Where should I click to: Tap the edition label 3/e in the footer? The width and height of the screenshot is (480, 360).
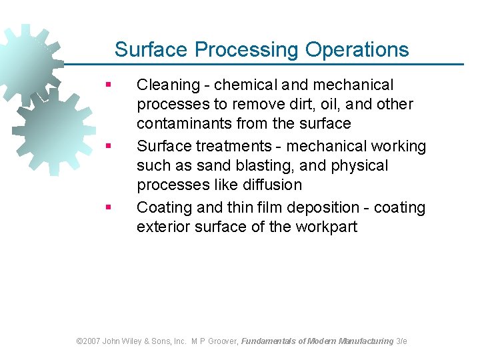point(402,341)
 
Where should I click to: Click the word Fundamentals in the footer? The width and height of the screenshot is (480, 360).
point(269,341)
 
